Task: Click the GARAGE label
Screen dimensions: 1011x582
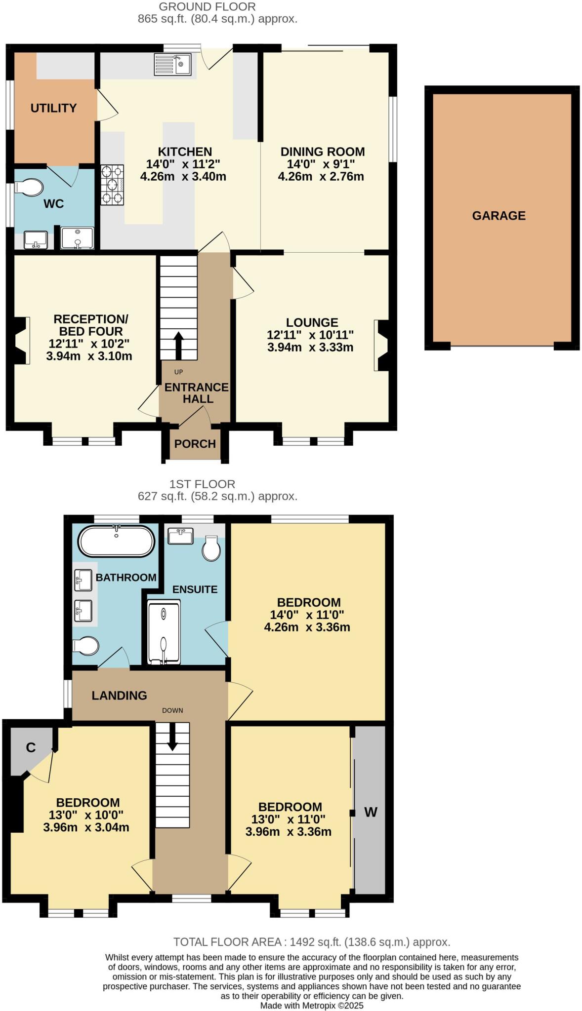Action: [x=499, y=216]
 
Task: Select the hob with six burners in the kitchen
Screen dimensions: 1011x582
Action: [x=112, y=185]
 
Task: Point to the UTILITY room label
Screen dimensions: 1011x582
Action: [x=53, y=108]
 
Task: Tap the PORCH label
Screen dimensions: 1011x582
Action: [x=195, y=444]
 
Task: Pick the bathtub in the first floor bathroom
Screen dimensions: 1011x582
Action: [x=116, y=542]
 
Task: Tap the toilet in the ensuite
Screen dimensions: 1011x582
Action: [x=211, y=549]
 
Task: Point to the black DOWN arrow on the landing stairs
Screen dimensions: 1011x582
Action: [x=172, y=736]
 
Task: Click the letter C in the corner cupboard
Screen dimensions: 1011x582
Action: [x=31, y=748]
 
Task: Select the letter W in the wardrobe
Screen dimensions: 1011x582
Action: [x=371, y=812]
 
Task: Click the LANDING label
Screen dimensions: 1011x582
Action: [x=119, y=696]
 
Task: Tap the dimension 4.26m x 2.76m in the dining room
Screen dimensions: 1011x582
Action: [x=321, y=177]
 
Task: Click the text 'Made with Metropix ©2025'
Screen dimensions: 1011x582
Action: [x=312, y=1006]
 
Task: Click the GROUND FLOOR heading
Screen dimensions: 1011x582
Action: [x=207, y=7]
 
